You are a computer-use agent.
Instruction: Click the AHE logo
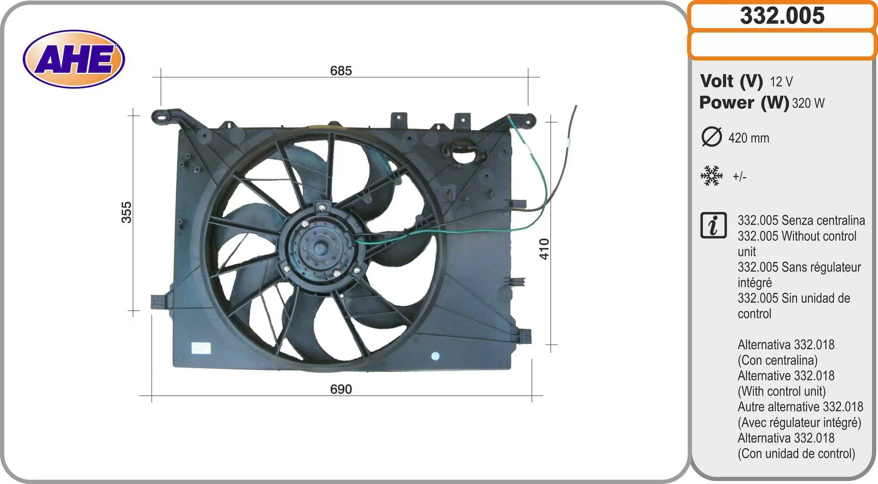(x=74, y=59)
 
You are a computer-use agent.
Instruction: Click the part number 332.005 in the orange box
(x=782, y=16)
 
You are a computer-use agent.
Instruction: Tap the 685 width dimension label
(x=341, y=71)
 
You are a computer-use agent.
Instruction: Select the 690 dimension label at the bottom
(x=341, y=389)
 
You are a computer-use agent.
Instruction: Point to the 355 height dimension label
(x=126, y=212)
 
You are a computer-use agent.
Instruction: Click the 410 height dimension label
(x=544, y=249)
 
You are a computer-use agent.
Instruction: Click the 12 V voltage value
(x=781, y=82)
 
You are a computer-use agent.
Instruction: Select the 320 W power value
(x=808, y=103)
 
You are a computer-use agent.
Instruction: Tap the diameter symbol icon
(x=712, y=137)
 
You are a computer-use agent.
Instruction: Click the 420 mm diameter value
(x=749, y=138)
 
